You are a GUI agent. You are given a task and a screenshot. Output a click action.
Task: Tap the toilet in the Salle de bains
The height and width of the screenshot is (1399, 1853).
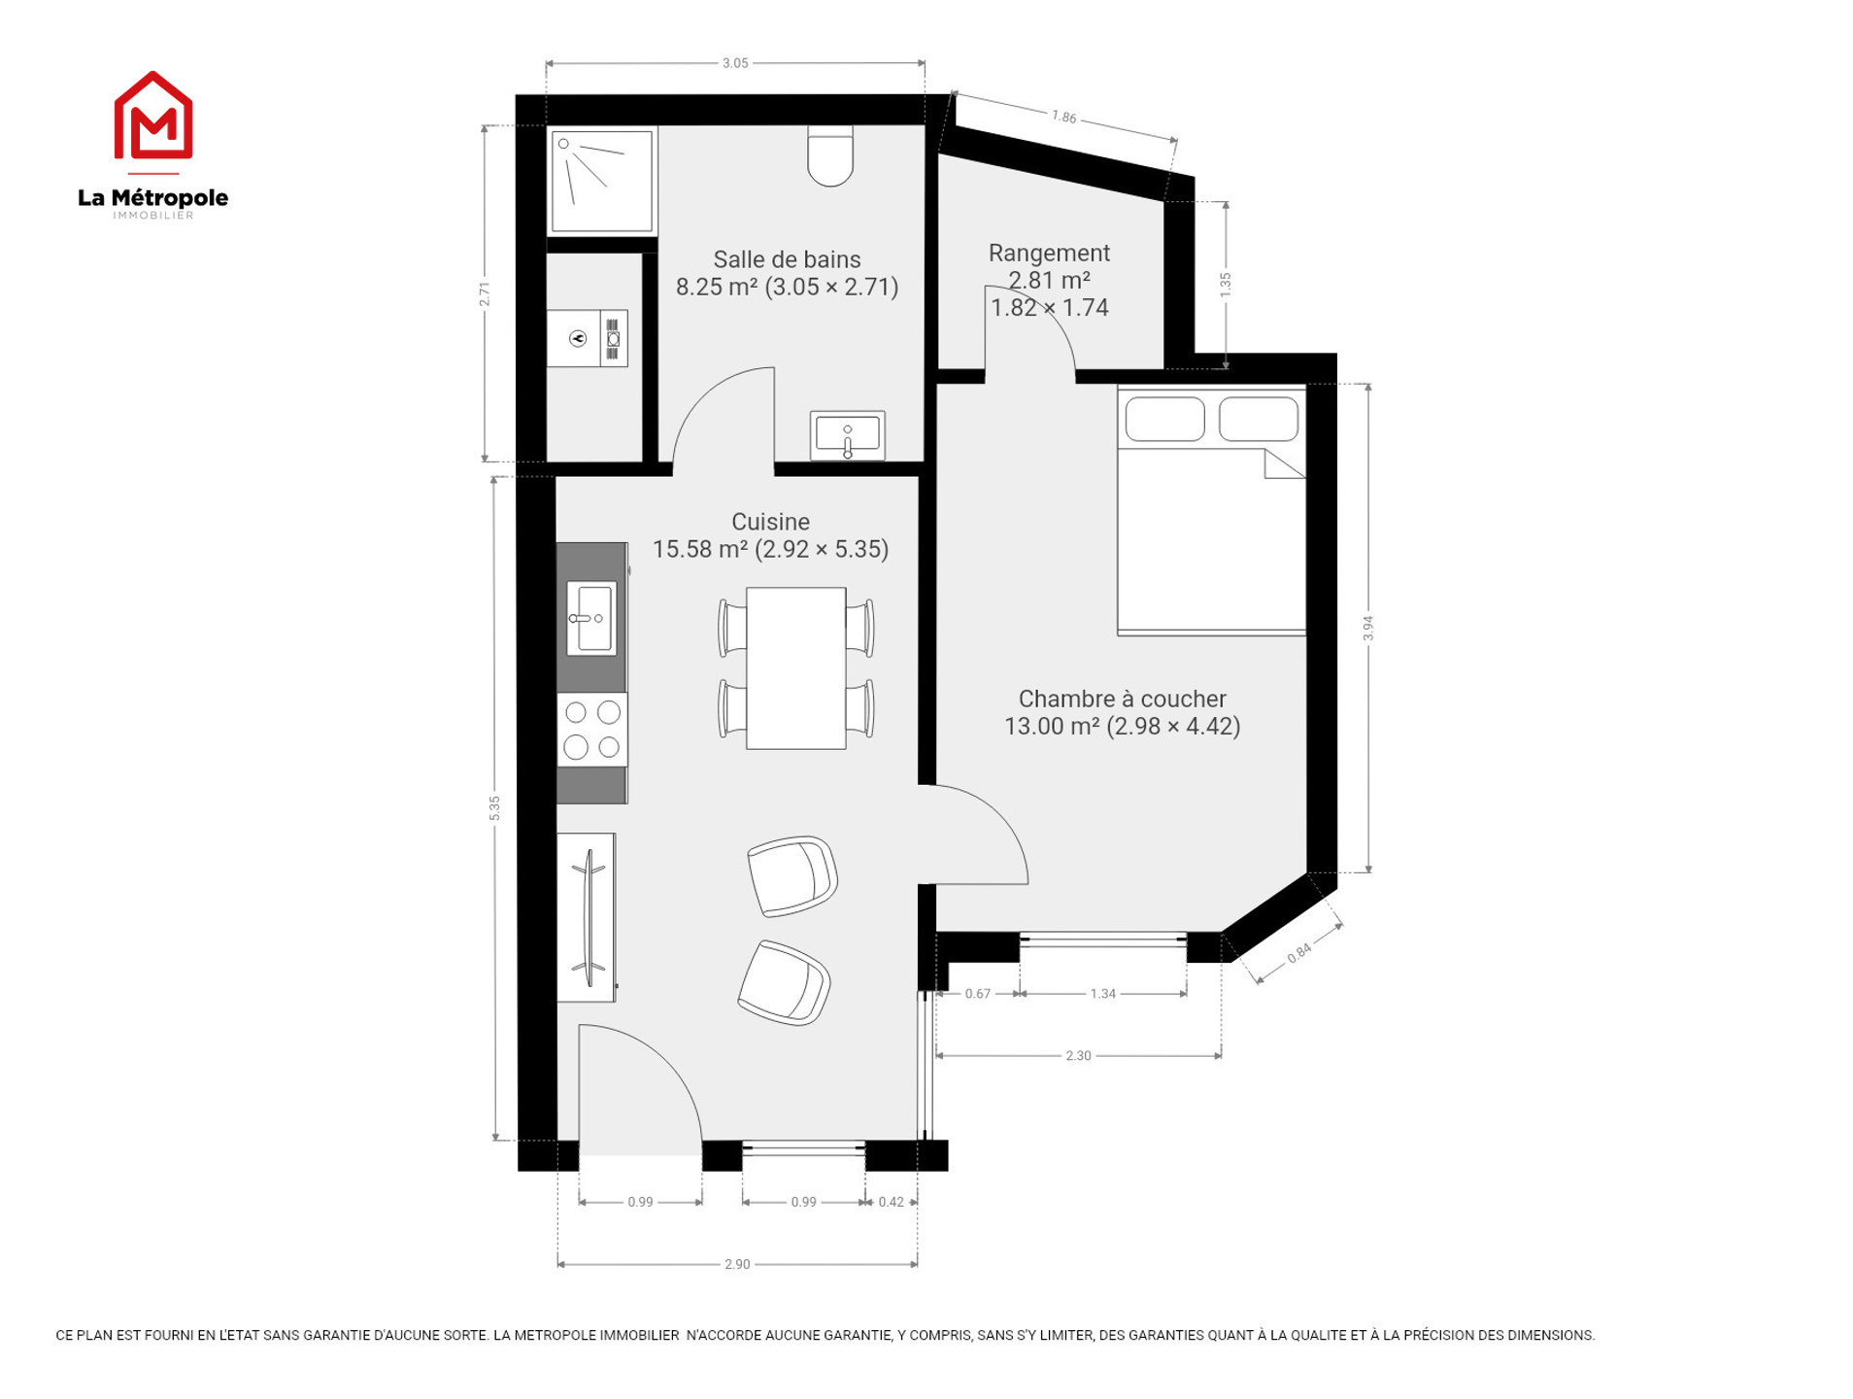[829, 154]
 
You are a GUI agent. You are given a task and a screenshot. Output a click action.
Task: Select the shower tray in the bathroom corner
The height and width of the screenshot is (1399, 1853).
[601, 181]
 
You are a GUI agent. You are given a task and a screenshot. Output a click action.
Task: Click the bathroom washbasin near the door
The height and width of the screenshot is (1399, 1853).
[847, 435]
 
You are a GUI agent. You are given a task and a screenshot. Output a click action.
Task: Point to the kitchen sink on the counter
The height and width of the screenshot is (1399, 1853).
[590, 618]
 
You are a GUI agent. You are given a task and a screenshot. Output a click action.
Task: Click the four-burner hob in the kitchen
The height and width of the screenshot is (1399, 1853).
[591, 729]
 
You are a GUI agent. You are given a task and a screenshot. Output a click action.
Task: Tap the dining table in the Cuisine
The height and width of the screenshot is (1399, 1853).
[795, 667]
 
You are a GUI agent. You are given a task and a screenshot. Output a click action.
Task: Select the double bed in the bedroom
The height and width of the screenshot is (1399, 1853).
[1210, 511]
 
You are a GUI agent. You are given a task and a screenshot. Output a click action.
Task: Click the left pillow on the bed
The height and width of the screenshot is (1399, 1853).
[1164, 419]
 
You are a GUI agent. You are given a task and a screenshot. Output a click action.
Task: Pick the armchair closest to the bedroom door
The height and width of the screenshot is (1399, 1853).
[792, 875]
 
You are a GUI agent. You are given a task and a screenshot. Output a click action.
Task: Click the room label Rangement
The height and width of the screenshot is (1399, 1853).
[1049, 253]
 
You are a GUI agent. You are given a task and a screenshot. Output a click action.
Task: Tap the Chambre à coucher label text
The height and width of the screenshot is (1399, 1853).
[1122, 699]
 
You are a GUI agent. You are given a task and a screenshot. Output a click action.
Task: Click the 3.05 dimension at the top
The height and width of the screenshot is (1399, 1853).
[735, 63]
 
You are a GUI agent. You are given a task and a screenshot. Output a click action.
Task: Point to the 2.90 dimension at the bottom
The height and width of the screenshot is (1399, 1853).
[737, 1264]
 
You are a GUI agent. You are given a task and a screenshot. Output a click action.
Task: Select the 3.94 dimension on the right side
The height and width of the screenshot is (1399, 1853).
[1368, 629]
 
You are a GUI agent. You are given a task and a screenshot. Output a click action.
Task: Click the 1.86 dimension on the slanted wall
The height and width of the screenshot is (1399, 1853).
[1064, 117]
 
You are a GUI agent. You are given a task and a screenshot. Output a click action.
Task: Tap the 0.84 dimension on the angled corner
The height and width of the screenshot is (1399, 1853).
[1298, 953]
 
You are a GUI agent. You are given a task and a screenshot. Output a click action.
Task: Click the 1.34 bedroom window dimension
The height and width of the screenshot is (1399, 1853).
[1102, 993]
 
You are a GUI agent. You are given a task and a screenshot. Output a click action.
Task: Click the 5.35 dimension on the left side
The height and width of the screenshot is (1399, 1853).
[494, 807]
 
